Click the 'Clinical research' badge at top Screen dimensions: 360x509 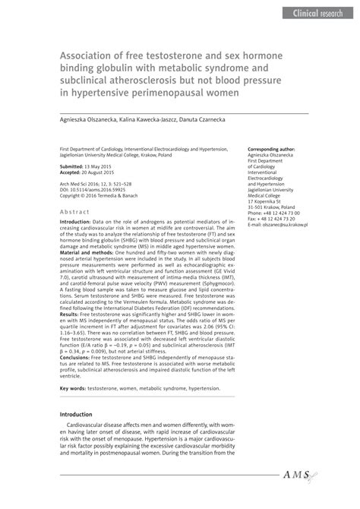tap(314, 13)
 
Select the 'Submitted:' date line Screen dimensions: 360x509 tap(86, 166)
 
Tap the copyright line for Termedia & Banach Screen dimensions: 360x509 tap(103, 195)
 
